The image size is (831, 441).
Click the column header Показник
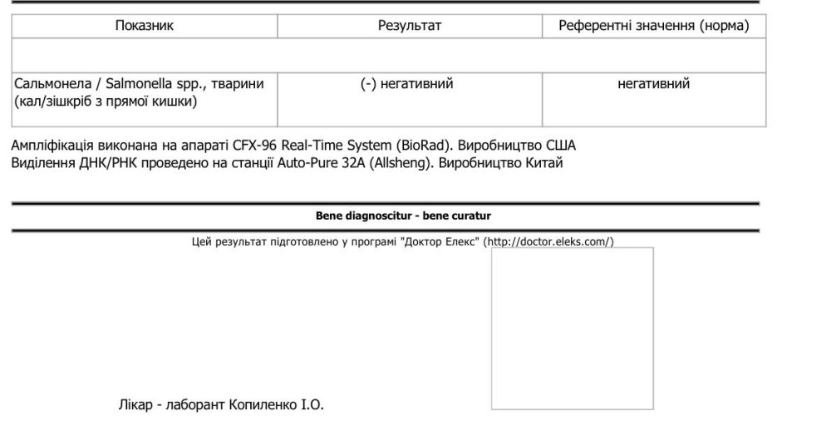pos(144,26)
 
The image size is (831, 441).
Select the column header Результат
pos(409,26)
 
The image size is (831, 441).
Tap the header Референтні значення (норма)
pos(653,26)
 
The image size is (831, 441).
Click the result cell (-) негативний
pos(407,84)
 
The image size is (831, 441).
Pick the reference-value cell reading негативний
pos(653,84)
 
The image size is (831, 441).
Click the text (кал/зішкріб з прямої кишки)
pos(106,102)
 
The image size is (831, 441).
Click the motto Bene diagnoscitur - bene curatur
pos(402,216)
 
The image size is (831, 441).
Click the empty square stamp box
pos(572,328)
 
